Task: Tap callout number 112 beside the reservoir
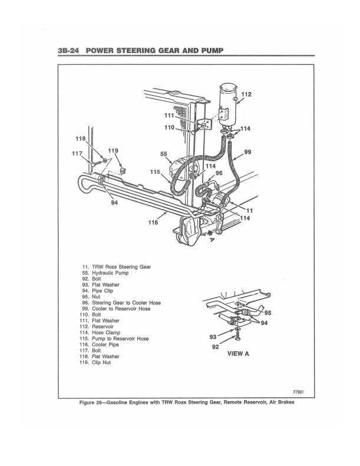tap(246, 94)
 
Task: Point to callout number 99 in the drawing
tap(248, 151)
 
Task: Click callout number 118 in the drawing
tap(80, 138)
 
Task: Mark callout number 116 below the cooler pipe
tap(152, 223)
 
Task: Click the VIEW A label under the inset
tap(238, 354)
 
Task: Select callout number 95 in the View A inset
tap(267, 312)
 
